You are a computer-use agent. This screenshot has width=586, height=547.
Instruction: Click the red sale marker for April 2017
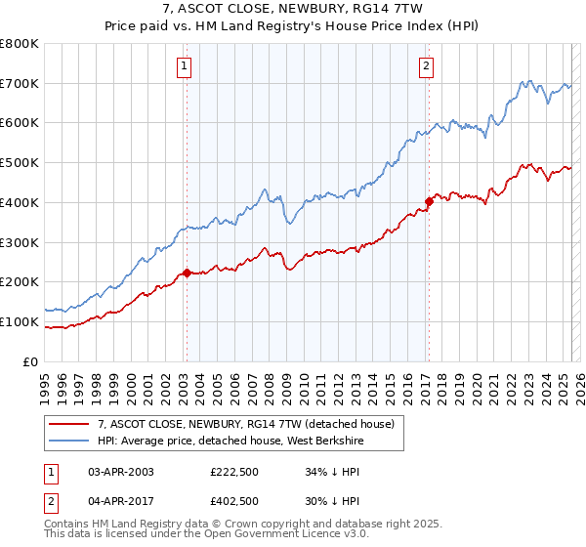pos(428,201)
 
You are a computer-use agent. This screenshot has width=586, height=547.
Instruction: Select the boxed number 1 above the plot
pos(185,66)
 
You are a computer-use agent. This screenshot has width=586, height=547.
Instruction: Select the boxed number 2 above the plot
pos(427,66)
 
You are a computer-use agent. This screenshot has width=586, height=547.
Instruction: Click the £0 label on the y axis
pos(31,361)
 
